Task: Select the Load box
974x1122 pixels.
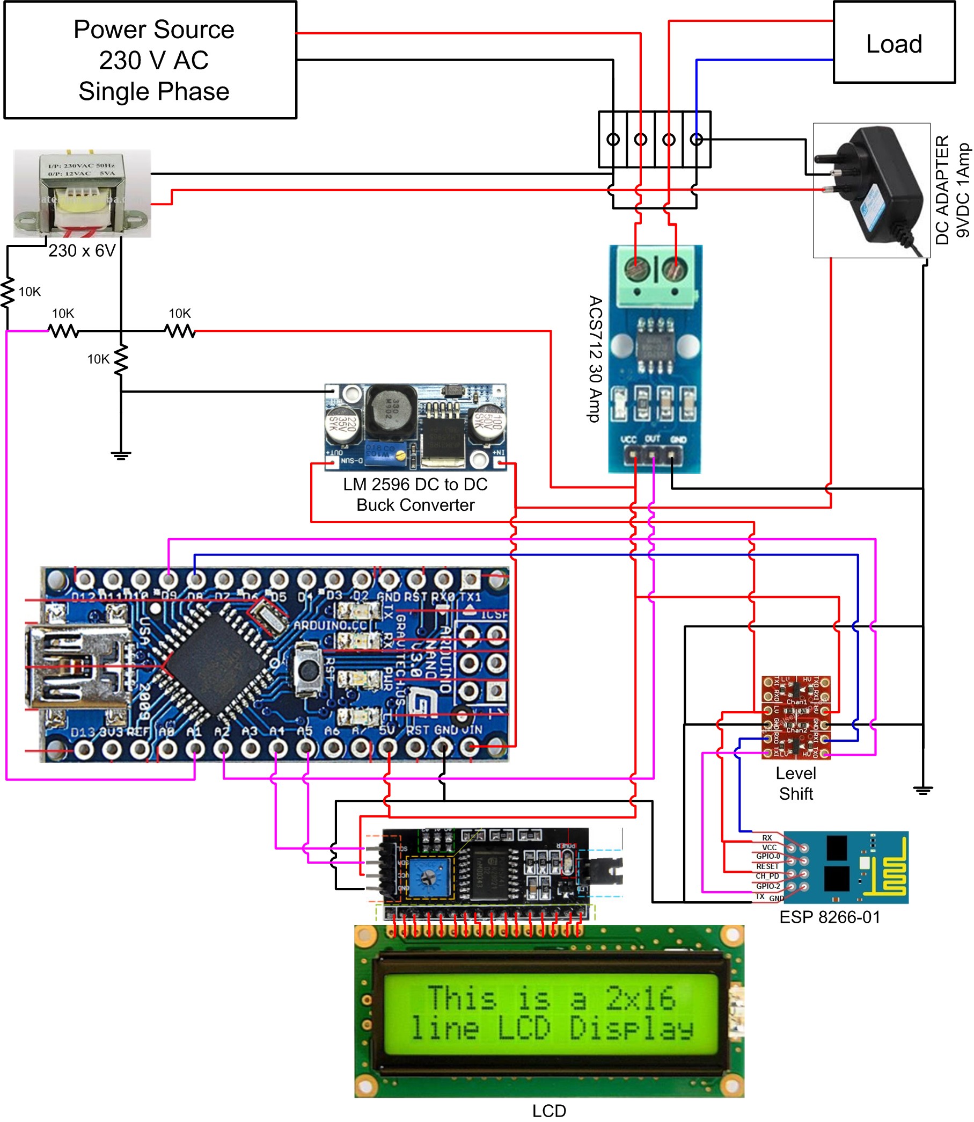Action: click(894, 42)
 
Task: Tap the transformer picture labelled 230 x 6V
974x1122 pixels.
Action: click(82, 193)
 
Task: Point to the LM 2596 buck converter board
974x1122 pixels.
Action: click(416, 428)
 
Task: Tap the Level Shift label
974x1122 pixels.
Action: click(796, 784)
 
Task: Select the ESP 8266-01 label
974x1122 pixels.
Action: click(830, 918)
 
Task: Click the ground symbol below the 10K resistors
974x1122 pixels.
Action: click(121, 456)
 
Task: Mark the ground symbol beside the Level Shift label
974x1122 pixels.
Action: click(923, 790)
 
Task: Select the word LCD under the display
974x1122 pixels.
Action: click(549, 1111)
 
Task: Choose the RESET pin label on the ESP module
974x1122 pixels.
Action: click(767, 866)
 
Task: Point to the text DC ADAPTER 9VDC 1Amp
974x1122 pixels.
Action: click(951, 190)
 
